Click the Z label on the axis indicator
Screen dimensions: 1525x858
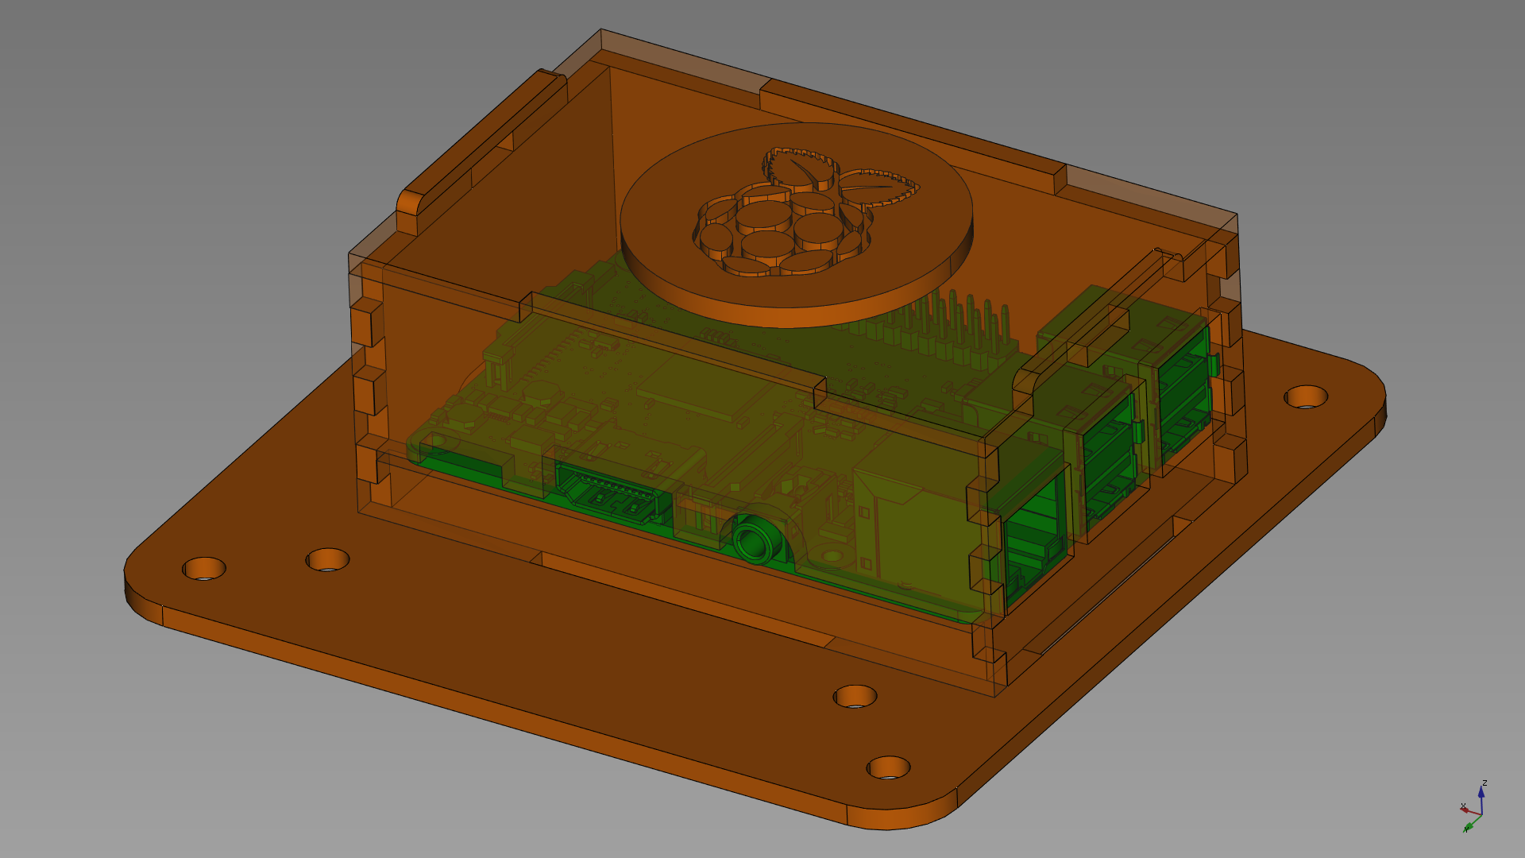1484,783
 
